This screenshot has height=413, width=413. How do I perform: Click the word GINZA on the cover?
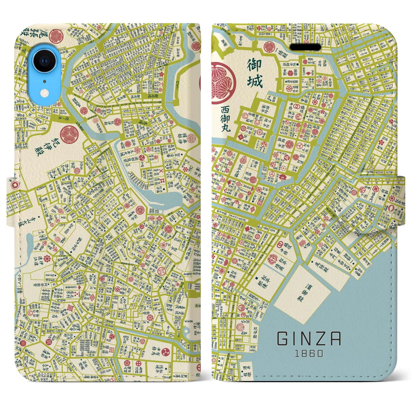coord(309,339)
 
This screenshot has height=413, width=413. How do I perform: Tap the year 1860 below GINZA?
coord(309,353)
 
